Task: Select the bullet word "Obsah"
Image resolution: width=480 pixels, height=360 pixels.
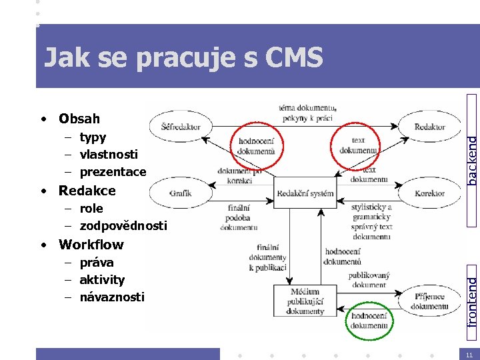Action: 79,119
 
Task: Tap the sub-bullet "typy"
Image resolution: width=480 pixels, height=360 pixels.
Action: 93,137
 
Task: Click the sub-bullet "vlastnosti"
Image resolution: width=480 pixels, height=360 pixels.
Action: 109,154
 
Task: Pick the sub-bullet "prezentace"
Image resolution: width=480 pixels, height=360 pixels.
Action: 113,172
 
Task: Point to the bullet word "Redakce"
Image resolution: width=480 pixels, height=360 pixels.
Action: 87,191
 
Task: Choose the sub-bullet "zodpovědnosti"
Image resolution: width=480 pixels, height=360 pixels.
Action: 123,226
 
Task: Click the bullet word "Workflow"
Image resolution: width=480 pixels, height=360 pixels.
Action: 91,244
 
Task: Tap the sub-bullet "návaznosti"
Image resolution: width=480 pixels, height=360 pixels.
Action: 111,297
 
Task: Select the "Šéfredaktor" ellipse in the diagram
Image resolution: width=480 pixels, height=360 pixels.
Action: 181,127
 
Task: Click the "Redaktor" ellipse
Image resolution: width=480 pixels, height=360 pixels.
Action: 429,127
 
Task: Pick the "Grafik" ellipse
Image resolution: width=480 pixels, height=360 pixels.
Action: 180,193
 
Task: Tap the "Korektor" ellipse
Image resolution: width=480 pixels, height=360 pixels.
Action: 429,193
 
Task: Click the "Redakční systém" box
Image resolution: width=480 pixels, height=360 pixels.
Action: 305,193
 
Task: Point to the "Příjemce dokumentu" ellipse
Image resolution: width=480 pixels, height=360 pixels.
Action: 429,301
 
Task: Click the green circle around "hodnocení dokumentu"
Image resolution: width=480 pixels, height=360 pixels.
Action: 369,321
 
